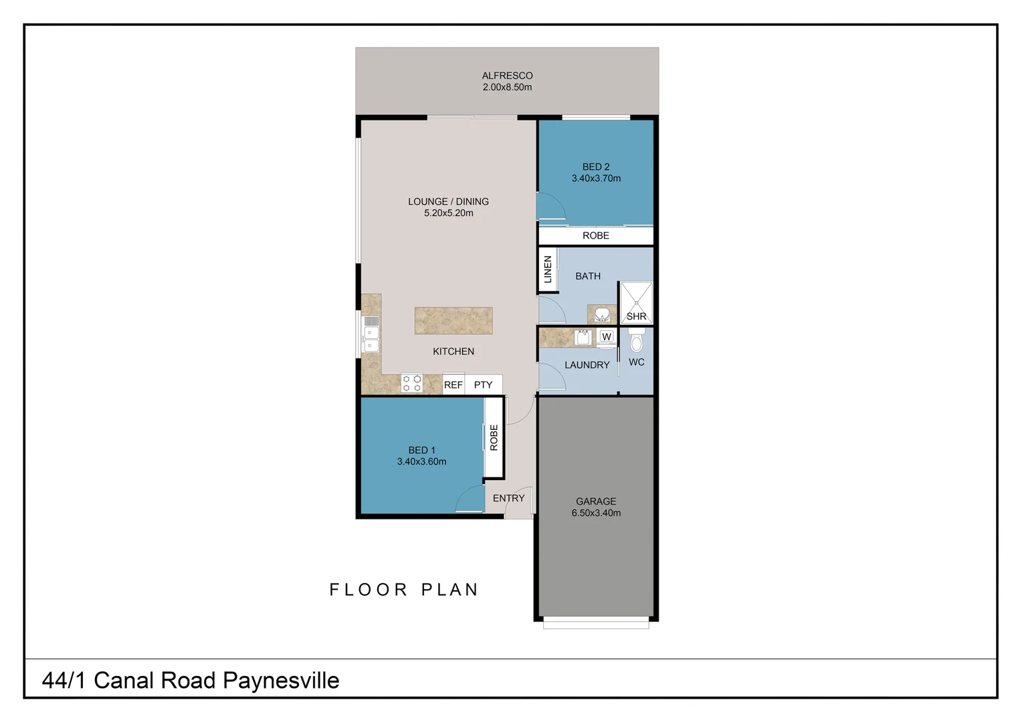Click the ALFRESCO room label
(x=507, y=76)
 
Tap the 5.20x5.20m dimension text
(x=448, y=213)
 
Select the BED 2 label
(x=595, y=166)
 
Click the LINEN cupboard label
(x=548, y=269)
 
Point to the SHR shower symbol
(x=636, y=303)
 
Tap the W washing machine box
(x=606, y=336)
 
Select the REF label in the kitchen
(x=453, y=385)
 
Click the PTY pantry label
(x=483, y=385)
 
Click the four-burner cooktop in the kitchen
(x=411, y=383)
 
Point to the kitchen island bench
(x=453, y=321)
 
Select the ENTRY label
(x=508, y=498)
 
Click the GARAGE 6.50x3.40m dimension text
(x=596, y=513)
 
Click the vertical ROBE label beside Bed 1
(x=494, y=438)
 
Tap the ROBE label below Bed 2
(x=595, y=235)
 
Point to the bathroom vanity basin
(x=602, y=314)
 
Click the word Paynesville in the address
(x=281, y=681)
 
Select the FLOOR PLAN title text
(x=404, y=590)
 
